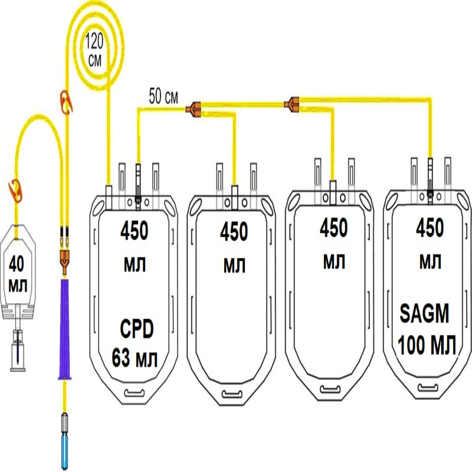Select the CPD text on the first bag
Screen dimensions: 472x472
(x=135, y=326)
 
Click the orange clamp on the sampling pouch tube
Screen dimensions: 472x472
(x=14, y=189)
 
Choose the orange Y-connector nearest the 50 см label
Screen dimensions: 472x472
(x=194, y=108)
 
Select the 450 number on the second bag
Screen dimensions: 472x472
(x=234, y=232)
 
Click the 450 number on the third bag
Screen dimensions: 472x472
(x=333, y=227)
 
